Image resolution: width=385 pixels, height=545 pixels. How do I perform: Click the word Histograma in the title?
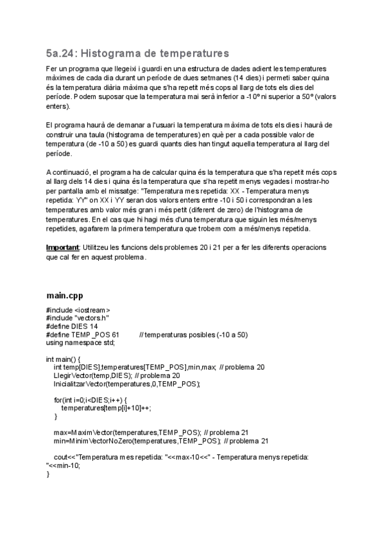coord(117,52)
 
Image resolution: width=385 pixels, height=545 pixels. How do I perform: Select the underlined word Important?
coord(62,247)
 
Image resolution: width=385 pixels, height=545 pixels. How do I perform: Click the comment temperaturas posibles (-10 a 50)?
coord(193,334)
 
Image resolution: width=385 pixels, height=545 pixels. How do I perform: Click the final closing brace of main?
coord(48,474)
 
